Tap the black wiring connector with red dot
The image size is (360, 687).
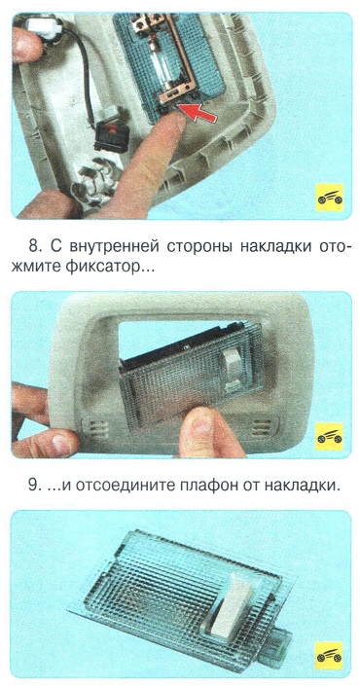pos(110,136)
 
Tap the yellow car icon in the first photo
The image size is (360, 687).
pos(330,198)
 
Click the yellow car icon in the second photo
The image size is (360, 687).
pos(330,436)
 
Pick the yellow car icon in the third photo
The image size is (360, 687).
pos(330,656)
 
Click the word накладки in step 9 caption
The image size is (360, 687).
pos(303,488)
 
